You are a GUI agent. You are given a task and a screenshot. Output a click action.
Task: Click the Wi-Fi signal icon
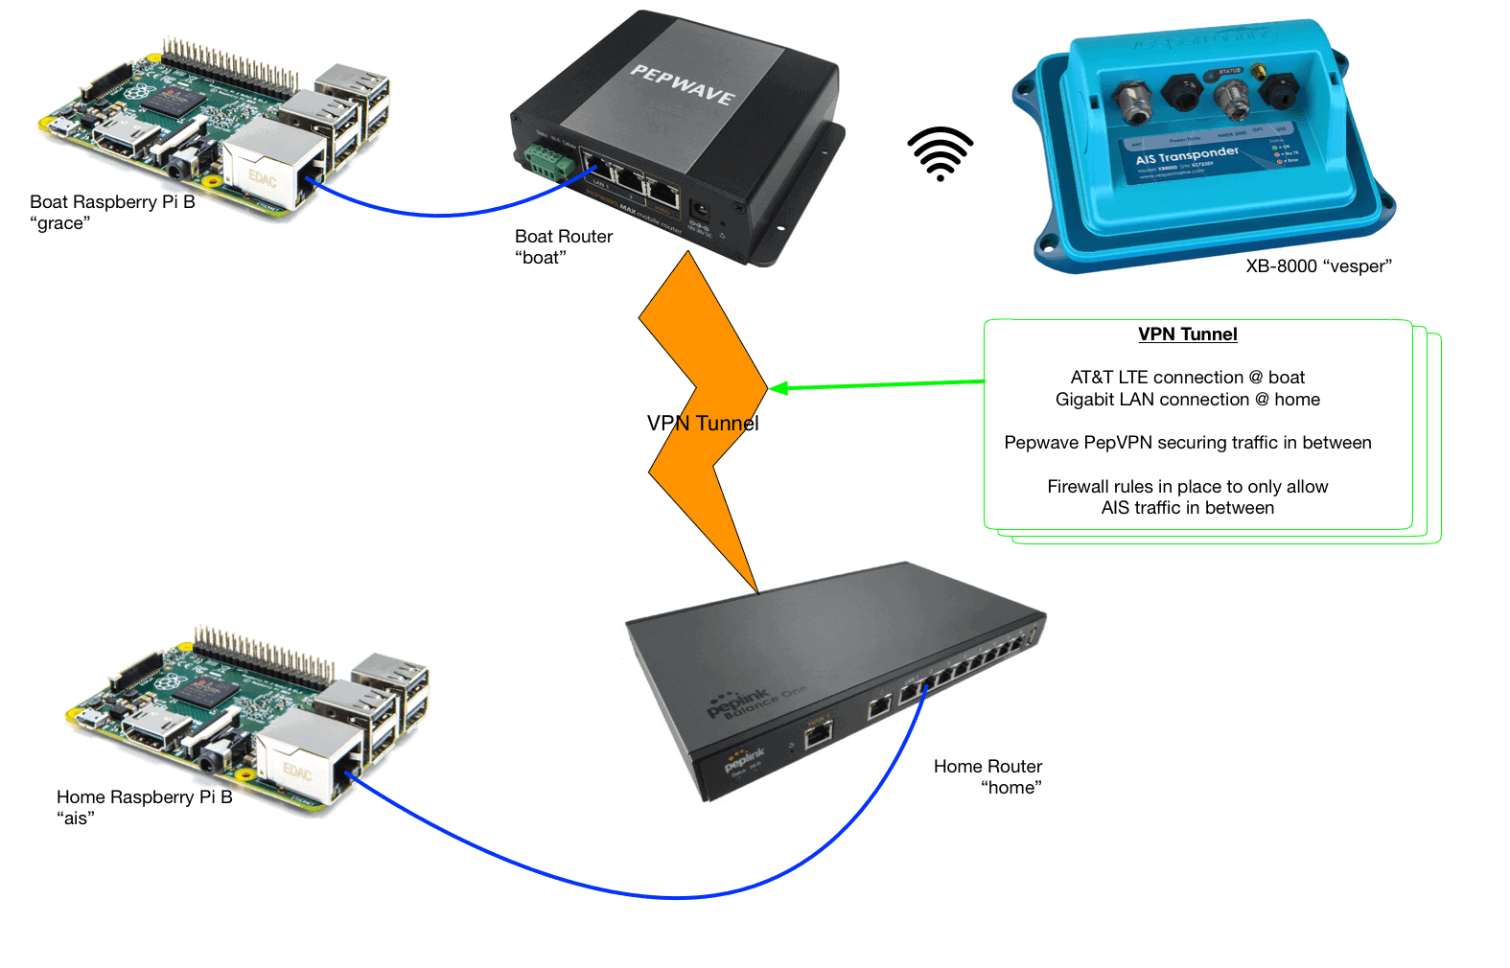941,153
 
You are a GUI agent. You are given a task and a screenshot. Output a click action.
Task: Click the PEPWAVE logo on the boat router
683,85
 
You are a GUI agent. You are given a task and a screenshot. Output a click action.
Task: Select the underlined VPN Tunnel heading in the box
1187,334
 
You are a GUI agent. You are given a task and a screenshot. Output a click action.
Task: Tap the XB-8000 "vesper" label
1317,266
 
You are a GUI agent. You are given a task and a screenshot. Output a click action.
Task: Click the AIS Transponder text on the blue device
1187,154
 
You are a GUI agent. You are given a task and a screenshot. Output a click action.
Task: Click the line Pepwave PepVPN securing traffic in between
1187,443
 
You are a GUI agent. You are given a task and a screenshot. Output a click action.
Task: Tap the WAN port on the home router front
818,735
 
